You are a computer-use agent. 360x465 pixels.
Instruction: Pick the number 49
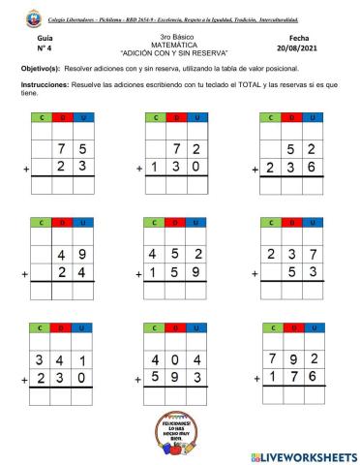click(x=74, y=256)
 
